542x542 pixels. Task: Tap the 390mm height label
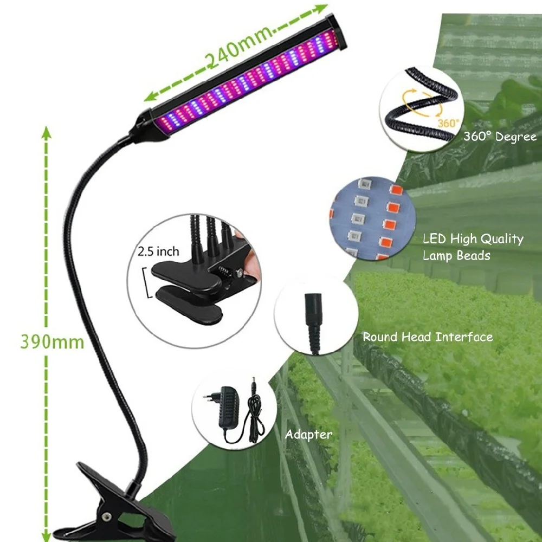(52, 342)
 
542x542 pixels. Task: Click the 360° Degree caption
(500, 137)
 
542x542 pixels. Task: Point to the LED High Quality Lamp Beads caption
(473, 247)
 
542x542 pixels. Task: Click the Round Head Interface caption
(428, 337)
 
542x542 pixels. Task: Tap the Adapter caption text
(308, 434)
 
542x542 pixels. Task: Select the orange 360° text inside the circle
(448, 124)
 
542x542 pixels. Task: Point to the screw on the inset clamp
(236, 274)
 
